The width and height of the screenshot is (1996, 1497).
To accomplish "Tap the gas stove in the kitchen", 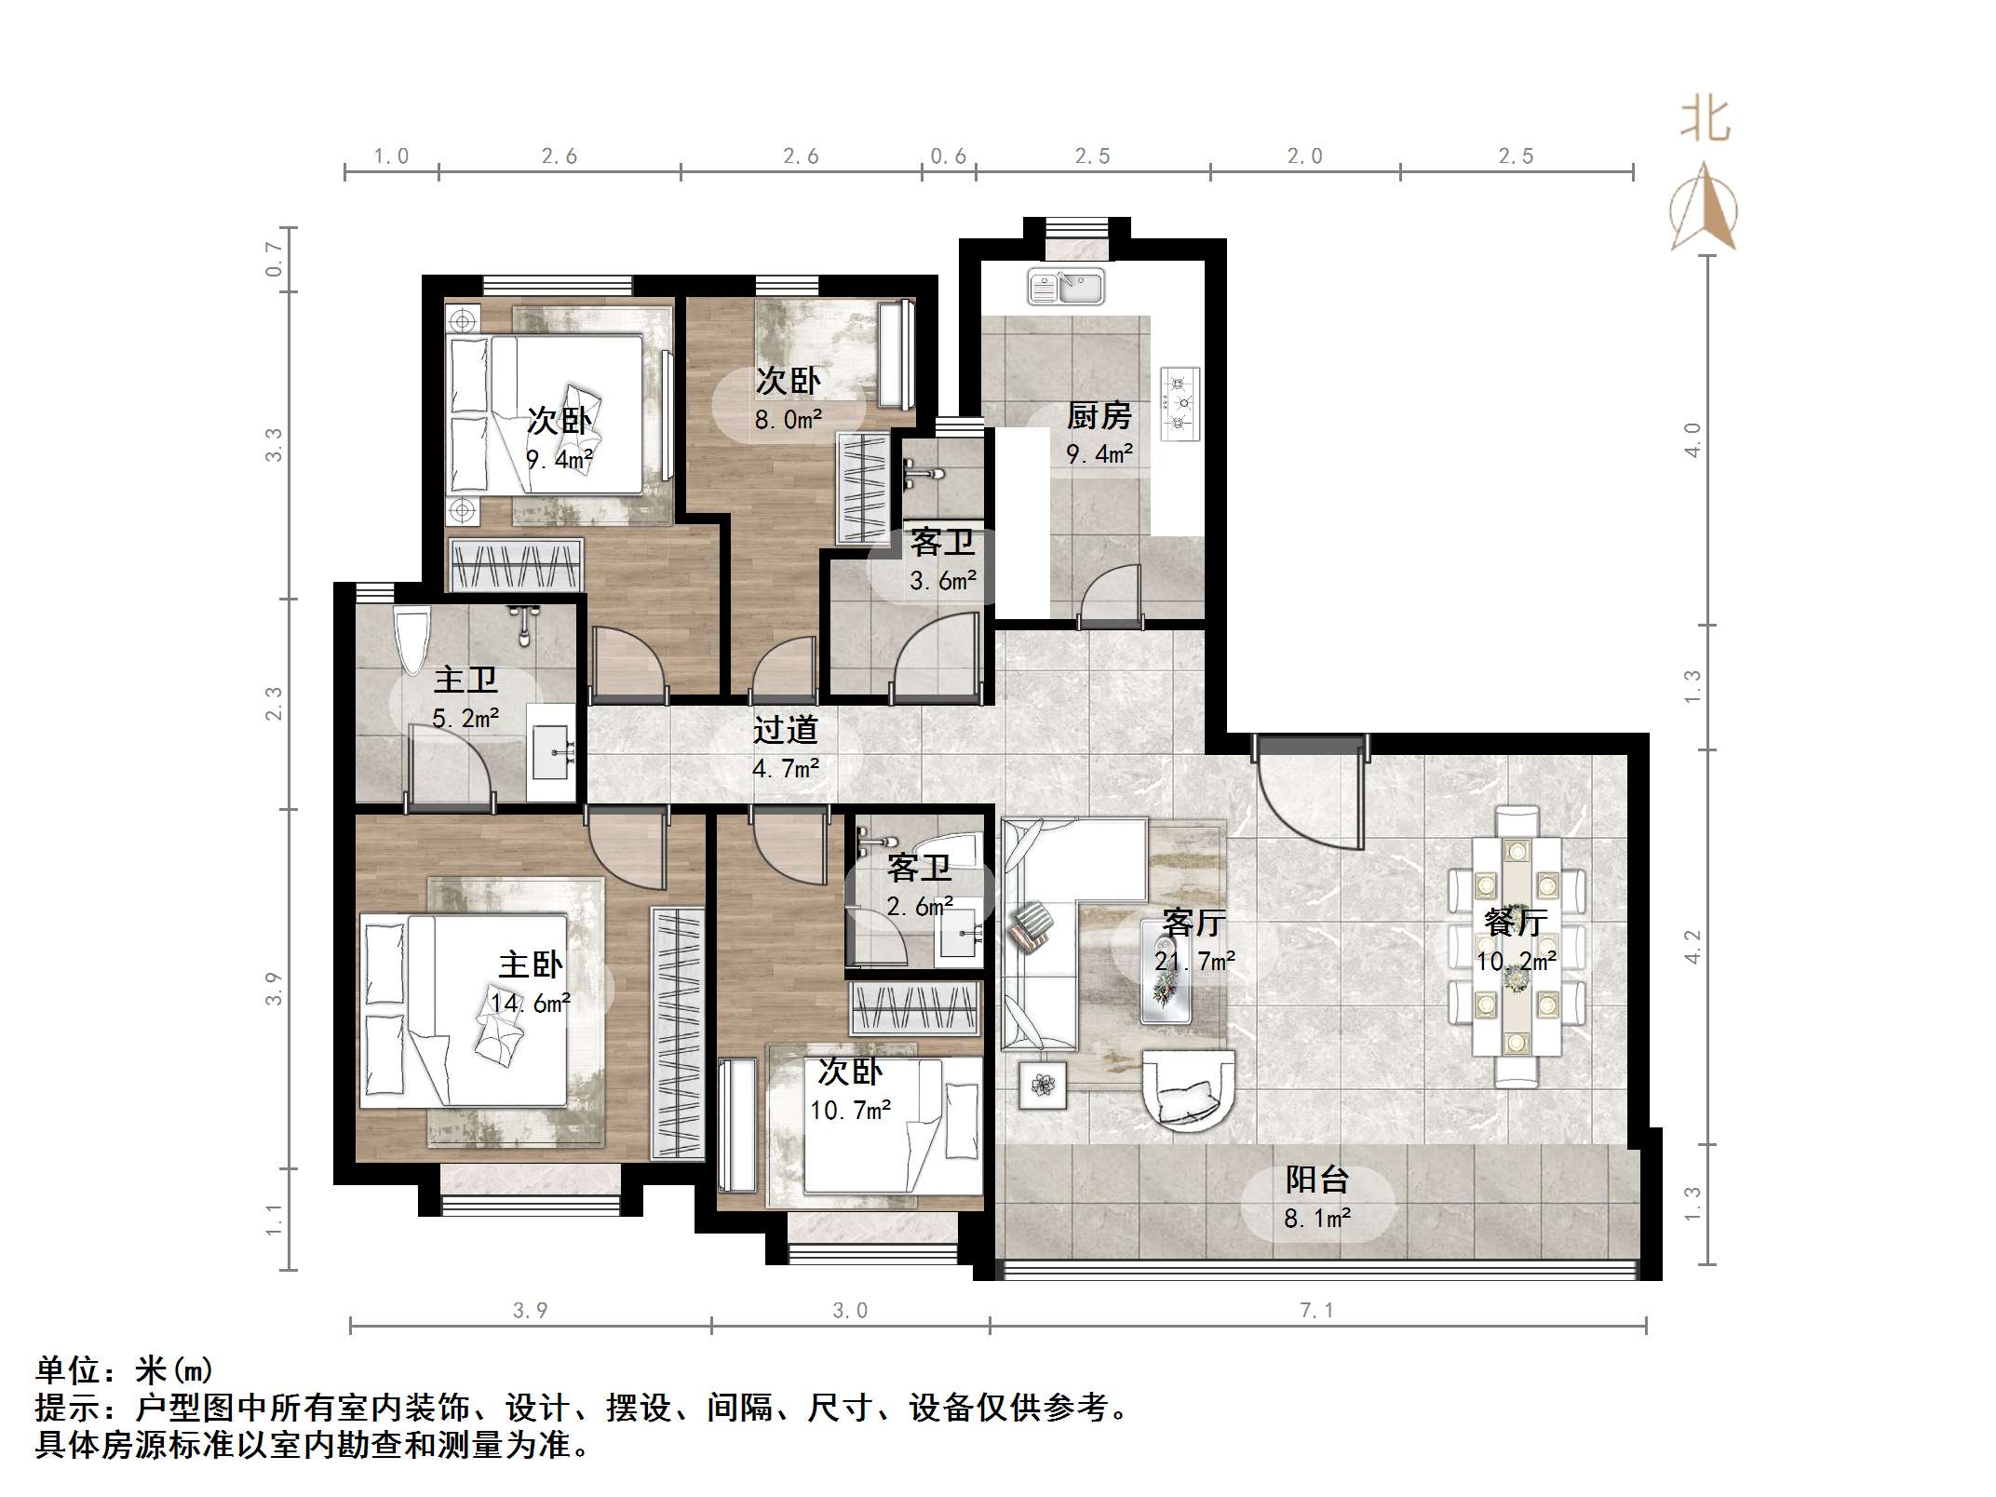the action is (x=1180, y=404).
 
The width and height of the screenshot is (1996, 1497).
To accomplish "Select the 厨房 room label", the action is (x=1099, y=415).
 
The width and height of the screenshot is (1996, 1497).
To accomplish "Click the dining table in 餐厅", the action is (x=1517, y=947).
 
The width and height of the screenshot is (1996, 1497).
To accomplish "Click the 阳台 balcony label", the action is (x=1317, y=1180).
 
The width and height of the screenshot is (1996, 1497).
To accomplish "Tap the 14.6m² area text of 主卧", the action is (x=531, y=1003).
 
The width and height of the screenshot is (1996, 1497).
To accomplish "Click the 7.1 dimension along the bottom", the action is (x=1316, y=1311).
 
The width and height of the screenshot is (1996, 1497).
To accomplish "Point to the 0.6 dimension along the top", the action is (x=949, y=156).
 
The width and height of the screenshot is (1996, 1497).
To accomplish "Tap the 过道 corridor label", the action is (x=786, y=730).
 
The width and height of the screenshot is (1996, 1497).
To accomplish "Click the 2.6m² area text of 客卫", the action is (x=920, y=906).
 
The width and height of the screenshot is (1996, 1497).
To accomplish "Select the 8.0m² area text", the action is (x=789, y=420).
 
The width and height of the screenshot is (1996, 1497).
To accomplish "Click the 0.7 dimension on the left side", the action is (x=274, y=260).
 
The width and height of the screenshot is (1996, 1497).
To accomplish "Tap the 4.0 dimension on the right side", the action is (x=1693, y=439).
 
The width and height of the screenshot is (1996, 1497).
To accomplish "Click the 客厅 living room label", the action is (x=1194, y=923).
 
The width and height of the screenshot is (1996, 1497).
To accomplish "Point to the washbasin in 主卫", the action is (x=552, y=752).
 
